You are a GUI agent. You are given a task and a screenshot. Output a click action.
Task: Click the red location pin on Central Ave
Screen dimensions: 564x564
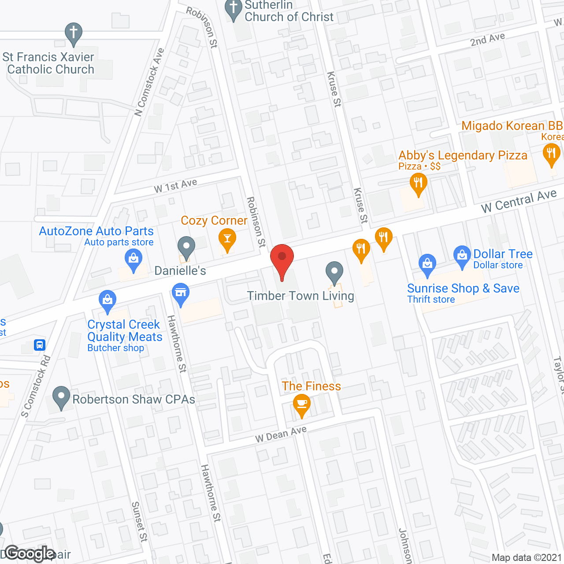282,258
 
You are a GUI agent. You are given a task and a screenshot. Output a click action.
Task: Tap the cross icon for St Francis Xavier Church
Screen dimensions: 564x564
74,33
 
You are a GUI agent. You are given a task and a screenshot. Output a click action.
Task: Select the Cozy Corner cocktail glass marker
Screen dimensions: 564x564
227,238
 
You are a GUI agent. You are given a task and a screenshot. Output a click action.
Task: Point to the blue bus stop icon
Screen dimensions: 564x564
40,345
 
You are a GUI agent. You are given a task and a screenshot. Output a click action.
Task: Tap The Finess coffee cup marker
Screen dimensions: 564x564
302,404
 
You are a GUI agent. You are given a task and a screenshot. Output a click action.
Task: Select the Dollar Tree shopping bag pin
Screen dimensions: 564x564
462,255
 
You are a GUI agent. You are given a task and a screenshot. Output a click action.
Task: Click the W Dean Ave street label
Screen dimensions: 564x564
281,434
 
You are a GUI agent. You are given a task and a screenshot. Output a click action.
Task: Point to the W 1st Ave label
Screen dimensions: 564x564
175,186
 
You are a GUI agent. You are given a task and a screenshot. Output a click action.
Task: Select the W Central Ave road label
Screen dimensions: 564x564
519,201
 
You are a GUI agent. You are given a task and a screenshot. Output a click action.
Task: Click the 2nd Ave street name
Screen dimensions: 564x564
487,39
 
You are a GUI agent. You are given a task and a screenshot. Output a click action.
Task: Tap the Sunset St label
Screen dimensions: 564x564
139,522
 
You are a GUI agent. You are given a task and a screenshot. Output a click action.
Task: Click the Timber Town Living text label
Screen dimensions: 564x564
301,296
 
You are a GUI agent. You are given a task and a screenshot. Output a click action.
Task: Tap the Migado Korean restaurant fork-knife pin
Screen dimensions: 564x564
551,154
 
